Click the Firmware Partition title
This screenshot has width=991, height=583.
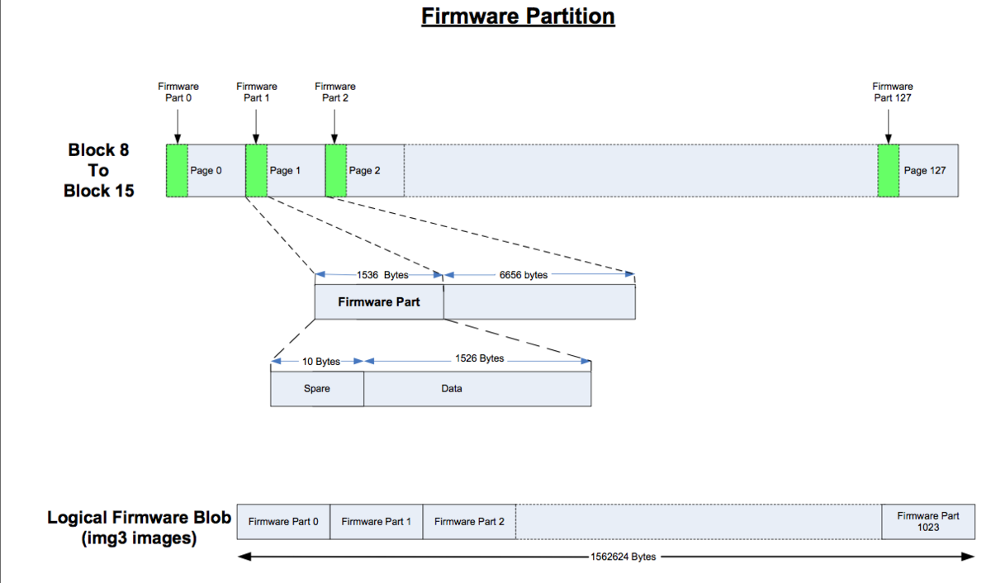click(x=518, y=17)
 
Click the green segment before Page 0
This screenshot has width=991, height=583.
click(x=177, y=170)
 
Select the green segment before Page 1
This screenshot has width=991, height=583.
click(x=256, y=170)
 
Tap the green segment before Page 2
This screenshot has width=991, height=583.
click(x=336, y=170)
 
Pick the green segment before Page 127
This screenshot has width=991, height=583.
click(x=889, y=170)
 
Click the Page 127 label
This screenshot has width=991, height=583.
click(x=925, y=171)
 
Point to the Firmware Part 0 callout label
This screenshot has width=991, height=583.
click(x=178, y=92)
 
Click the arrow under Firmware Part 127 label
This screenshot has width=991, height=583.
click(x=889, y=127)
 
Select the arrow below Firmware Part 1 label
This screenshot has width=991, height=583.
click(x=256, y=127)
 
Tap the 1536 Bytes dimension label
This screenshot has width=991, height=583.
click(x=382, y=275)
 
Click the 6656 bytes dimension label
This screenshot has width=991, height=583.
click(x=524, y=275)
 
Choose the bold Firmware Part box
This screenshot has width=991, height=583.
click(x=379, y=301)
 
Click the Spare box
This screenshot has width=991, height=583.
click(x=317, y=388)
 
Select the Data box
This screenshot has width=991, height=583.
click(x=477, y=388)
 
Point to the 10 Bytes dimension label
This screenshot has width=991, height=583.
click(x=321, y=362)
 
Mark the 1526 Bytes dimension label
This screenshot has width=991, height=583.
click(x=480, y=358)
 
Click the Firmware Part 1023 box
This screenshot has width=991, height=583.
click(x=928, y=522)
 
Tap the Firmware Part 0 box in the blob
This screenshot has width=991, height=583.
click(x=283, y=522)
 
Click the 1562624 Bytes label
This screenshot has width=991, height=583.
click(x=623, y=557)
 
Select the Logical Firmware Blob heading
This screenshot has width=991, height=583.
click(x=139, y=528)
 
